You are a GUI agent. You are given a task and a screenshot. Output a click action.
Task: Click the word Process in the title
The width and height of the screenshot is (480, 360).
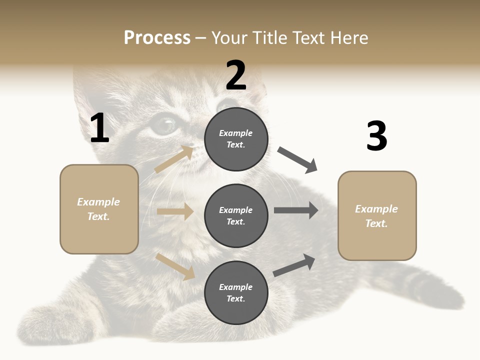point(157,38)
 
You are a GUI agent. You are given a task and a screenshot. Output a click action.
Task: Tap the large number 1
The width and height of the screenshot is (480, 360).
point(99,129)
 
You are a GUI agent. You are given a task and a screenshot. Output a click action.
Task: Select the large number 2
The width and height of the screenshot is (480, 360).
point(236,76)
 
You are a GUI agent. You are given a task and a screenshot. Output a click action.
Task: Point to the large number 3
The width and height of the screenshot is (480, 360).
point(376,136)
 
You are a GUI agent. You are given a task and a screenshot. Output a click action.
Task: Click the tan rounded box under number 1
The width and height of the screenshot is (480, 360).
point(99,209)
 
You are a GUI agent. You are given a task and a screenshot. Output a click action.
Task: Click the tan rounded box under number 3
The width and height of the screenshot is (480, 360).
point(377,216)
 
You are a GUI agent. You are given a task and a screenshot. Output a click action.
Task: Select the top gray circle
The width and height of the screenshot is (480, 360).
point(236,139)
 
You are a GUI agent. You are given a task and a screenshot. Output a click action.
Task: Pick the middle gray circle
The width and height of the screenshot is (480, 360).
point(236,215)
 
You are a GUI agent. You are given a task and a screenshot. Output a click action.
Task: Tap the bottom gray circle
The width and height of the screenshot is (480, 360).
point(236,292)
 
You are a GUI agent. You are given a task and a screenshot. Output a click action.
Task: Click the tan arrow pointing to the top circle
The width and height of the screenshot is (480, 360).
point(174,159)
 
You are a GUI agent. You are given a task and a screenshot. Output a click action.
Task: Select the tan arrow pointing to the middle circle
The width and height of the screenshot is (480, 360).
point(175,211)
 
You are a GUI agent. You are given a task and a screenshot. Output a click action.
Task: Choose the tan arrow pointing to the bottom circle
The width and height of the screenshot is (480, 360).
point(175,266)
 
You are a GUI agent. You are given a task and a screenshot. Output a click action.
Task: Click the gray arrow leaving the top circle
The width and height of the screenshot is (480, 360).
point(297,159)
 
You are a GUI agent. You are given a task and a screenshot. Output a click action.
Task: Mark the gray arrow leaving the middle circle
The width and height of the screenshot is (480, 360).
point(296,210)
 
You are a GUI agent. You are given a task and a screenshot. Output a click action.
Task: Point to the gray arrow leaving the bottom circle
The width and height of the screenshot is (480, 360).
point(294,265)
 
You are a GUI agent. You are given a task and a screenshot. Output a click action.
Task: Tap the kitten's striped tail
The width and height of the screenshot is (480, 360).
point(430,285)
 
